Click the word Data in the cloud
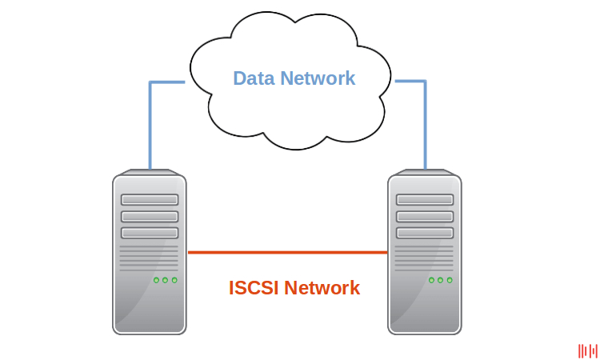pyautogui.click(x=254, y=78)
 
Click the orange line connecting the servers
pyautogui.click(x=287, y=253)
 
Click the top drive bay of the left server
pyautogui.click(x=150, y=200)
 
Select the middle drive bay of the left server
pyautogui.click(x=150, y=217)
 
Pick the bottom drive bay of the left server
pyautogui.click(x=150, y=233)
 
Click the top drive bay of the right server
pyautogui.click(x=425, y=200)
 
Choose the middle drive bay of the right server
pyautogui.click(x=425, y=217)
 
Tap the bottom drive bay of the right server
pyautogui.click(x=425, y=233)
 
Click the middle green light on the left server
pyautogui.click(x=166, y=280)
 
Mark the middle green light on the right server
pyautogui.click(x=441, y=280)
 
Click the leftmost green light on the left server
pyautogui.click(x=157, y=280)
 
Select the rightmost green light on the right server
pyautogui.click(x=450, y=280)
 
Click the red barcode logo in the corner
pyautogui.click(x=588, y=350)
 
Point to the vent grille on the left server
pyautogui.click(x=149, y=258)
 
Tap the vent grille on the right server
pyautogui.click(x=424, y=258)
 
